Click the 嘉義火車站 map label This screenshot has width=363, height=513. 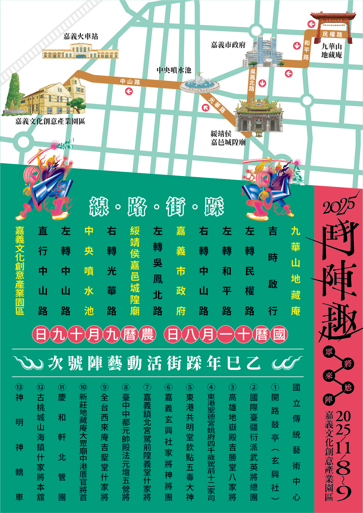(81, 37)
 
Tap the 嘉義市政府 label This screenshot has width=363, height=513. (228, 45)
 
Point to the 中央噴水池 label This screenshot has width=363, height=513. (174, 70)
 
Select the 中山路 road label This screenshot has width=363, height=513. (130, 82)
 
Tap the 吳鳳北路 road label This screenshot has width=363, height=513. (252, 80)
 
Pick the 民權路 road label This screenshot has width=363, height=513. (332, 34)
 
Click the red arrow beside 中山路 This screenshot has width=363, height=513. (129, 91)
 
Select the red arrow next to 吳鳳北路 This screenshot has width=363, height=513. (263, 83)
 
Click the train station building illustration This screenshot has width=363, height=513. (80, 51)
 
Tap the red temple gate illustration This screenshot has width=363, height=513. (333, 21)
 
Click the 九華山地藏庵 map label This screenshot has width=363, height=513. (332, 51)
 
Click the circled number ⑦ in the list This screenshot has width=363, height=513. (147, 387)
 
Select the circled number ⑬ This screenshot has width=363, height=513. (19, 387)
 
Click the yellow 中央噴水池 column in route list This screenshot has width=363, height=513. (89, 271)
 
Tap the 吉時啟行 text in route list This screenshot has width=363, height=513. (273, 271)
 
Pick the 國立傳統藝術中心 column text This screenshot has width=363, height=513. (296, 441)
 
